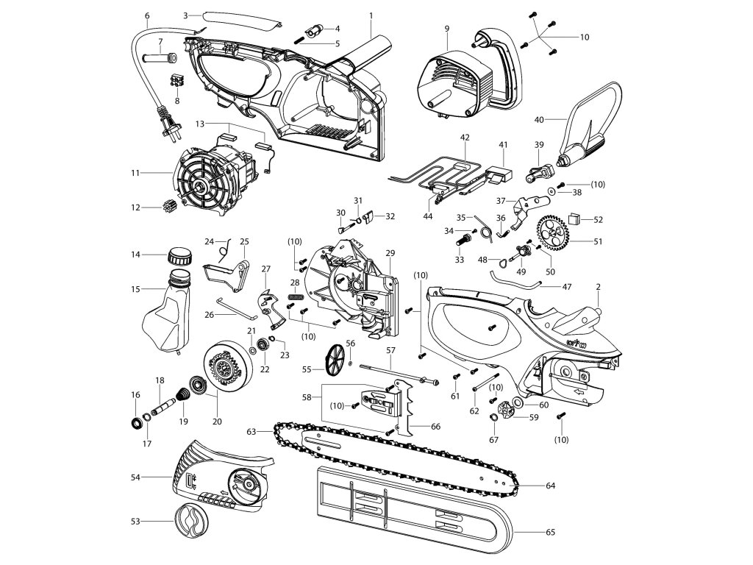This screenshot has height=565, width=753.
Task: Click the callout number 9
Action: pos(446,27)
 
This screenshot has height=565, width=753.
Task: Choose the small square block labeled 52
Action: pos(577,218)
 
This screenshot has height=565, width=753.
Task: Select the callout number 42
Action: pos(464,137)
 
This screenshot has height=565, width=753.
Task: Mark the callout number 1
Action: pos(371,15)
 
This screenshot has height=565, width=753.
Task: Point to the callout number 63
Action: pos(251,431)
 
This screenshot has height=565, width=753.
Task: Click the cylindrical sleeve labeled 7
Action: pos(163,57)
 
